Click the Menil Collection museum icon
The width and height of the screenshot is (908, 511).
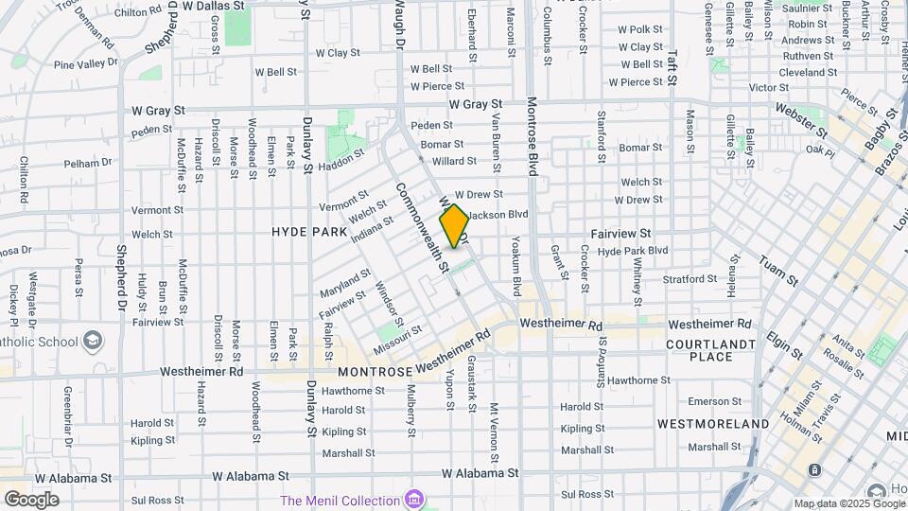pos(412,499)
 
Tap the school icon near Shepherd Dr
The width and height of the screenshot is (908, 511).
pos(93,340)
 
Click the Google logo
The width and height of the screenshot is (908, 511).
pos(31,499)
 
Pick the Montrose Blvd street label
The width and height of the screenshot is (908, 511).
pos(532,136)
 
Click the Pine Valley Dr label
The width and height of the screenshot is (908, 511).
pos(86,63)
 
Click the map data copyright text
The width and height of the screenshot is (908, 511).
pos(848,503)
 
